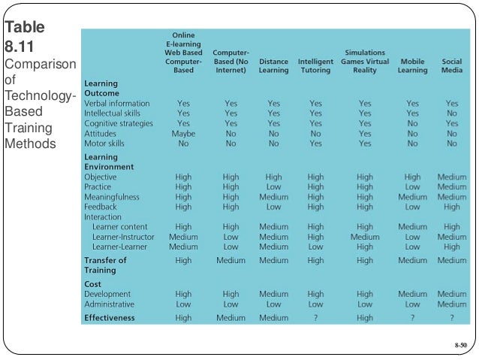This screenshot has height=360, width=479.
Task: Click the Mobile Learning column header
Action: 412,65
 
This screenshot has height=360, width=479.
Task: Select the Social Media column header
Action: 451,65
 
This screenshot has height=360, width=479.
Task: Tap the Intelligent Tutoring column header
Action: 315,65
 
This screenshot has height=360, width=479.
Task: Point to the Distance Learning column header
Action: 273,65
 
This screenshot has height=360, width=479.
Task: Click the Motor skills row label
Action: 104,143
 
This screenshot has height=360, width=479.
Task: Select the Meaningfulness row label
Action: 113,197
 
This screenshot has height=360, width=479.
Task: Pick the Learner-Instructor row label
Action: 123,237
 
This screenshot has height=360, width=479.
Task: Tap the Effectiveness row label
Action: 110,317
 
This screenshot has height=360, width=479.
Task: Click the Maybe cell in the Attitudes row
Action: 183,133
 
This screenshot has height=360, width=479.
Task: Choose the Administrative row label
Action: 110,304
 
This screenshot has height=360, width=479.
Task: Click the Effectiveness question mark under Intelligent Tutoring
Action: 315,317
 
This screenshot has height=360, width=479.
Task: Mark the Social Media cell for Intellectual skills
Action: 451,113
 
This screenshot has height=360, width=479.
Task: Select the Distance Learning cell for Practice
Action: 273,187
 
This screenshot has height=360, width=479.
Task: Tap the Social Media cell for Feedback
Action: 451,207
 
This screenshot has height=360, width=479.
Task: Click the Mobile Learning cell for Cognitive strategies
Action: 412,123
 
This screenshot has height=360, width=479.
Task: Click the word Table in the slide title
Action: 24,28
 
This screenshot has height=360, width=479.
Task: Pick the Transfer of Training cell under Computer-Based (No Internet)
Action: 230,260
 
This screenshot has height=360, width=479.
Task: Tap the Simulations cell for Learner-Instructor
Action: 364,237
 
